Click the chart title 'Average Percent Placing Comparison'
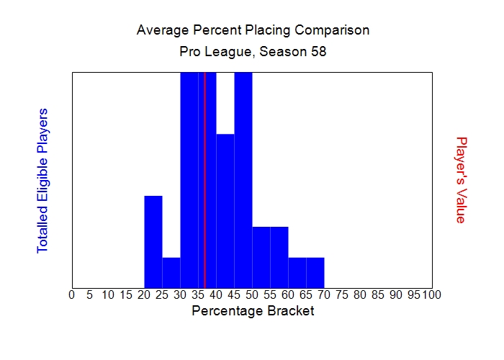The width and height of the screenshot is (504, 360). pyautogui.click(x=253, y=30)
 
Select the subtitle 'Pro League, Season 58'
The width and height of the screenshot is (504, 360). pyautogui.click(x=253, y=53)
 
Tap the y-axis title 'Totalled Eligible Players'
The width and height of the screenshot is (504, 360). pyautogui.click(x=42, y=180)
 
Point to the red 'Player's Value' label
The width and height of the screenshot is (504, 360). pyautogui.click(x=462, y=180)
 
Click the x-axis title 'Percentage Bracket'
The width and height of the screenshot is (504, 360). pyautogui.click(x=253, y=311)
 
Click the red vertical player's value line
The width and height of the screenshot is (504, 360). pyautogui.click(x=205, y=180)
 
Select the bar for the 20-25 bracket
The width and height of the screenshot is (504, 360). pyautogui.click(x=153, y=241)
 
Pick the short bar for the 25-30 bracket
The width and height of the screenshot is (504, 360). pyautogui.click(x=171, y=272)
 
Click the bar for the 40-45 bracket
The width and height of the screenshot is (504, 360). pyautogui.click(x=225, y=210)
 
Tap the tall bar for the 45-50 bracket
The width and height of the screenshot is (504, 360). pyautogui.click(x=243, y=180)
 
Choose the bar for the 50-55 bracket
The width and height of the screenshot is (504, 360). pyautogui.click(x=261, y=257)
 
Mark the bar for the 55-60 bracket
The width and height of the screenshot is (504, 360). pyautogui.click(x=279, y=257)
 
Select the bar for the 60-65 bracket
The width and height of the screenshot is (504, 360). pyautogui.click(x=297, y=272)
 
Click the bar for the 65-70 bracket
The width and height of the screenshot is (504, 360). pyautogui.click(x=315, y=272)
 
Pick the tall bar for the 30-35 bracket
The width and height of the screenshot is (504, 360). pyautogui.click(x=189, y=180)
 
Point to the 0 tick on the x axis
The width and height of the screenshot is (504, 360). pyautogui.click(x=71, y=294)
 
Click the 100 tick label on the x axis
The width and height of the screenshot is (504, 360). pyautogui.click(x=432, y=294)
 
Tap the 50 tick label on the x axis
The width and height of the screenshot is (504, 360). pyautogui.click(x=252, y=294)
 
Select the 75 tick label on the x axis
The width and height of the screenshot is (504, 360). pyautogui.click(x=342, y=294)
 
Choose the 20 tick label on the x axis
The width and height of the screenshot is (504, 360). pyautogui.click(x=144, y=294)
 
